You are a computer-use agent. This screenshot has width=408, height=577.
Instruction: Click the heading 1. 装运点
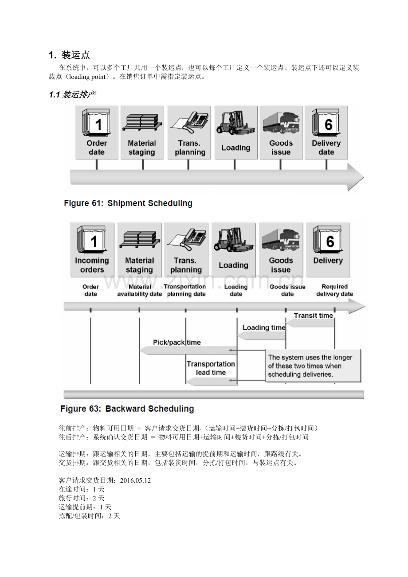69,55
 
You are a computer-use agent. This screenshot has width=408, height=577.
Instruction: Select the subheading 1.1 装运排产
72,94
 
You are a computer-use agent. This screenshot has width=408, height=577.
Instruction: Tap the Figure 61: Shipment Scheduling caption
128,203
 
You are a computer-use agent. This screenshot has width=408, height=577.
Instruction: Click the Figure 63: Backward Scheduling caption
127,409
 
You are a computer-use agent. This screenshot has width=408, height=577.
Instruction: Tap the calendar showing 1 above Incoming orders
92,239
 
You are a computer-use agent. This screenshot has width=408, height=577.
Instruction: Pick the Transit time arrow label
313,316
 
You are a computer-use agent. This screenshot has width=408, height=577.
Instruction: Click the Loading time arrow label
264,327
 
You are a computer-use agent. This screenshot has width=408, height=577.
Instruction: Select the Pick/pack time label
177,342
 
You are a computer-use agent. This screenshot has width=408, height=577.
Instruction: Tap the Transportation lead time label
211,368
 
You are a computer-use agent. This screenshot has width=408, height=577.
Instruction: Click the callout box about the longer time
313,366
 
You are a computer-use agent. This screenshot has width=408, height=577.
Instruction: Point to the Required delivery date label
334,290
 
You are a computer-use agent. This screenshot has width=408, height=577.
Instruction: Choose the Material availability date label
139,290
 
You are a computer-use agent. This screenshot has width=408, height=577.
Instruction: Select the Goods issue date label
287,290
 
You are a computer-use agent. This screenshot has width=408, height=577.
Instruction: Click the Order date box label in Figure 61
97,148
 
